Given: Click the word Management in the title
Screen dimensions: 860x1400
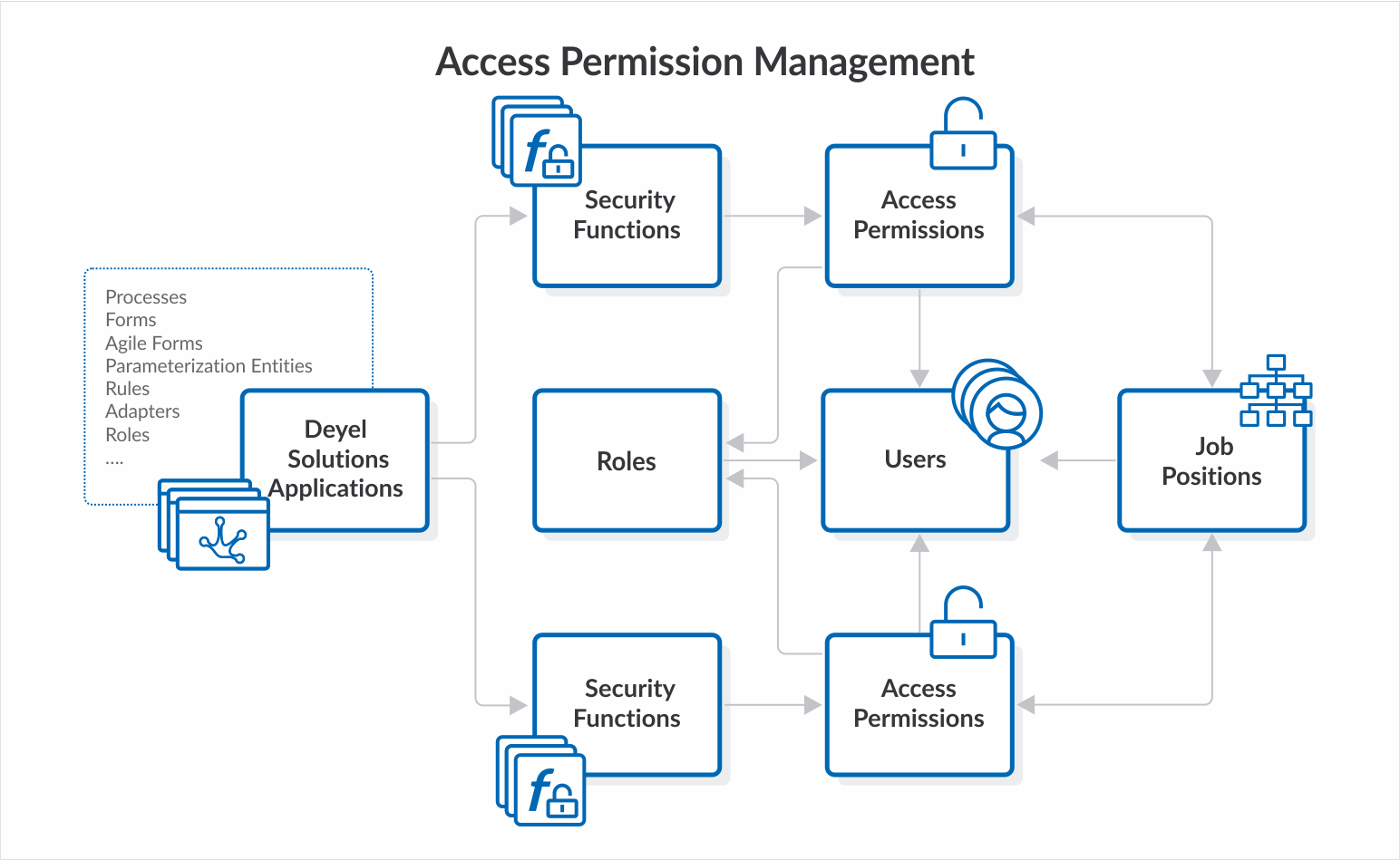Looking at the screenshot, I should [863, 63].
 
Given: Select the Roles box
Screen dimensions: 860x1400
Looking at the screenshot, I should [627, 460].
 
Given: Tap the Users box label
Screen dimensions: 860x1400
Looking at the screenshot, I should [915, 459].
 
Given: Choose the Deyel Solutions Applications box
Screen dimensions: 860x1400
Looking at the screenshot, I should [336, 459].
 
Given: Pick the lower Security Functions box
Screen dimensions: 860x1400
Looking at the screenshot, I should [627, 703].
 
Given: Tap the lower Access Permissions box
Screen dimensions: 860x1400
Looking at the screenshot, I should [919, 703].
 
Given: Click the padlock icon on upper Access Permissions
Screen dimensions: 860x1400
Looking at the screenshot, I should [963, 136].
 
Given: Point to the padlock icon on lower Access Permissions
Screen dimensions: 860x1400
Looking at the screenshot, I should [963, 624].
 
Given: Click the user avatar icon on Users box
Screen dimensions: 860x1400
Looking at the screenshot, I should [1004, 414].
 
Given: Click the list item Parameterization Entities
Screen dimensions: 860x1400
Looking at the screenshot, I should [209, 366].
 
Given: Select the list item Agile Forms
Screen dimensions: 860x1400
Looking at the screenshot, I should [153, 343].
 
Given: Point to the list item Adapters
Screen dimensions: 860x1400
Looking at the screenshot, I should [142, 411].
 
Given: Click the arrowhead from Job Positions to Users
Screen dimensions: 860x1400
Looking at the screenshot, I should [1050, 460].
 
